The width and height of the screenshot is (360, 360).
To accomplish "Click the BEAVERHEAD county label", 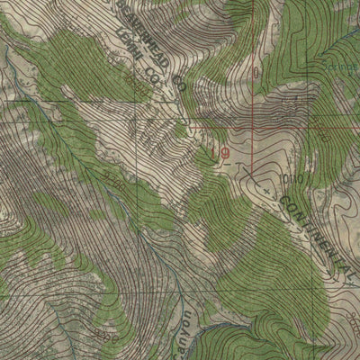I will [x=144, y=36].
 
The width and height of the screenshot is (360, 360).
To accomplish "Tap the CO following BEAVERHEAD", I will [x=179, y=85].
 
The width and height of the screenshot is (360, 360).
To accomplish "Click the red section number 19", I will [x=221, y=154].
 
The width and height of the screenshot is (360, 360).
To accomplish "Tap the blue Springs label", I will [x=338, y=68].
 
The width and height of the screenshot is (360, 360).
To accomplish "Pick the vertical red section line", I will [x=254, y=63].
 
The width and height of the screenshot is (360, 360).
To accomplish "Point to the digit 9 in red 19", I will [x=224, y=154].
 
